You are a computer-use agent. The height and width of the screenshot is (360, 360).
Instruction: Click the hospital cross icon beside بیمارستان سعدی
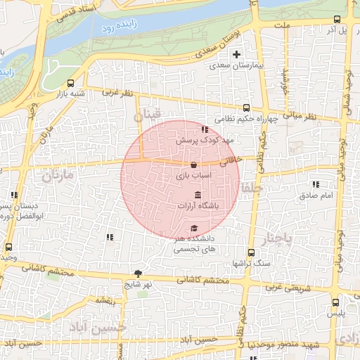[x=237, y=54]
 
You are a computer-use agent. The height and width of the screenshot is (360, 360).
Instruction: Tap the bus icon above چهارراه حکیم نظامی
[x=246, y=108]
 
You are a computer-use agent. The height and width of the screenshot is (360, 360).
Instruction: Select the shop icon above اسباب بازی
[x=193, y=165]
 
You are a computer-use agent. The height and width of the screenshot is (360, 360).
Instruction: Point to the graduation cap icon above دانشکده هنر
[x=193, y=228]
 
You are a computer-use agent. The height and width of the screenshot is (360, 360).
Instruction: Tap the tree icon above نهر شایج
[x=138, y=274]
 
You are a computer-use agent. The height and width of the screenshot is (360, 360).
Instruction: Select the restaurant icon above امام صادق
[x=314, y=185]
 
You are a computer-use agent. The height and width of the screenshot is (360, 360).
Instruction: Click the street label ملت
[x=283, y=25]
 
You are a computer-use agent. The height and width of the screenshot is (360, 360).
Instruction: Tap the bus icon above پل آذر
[x=337, y=20]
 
